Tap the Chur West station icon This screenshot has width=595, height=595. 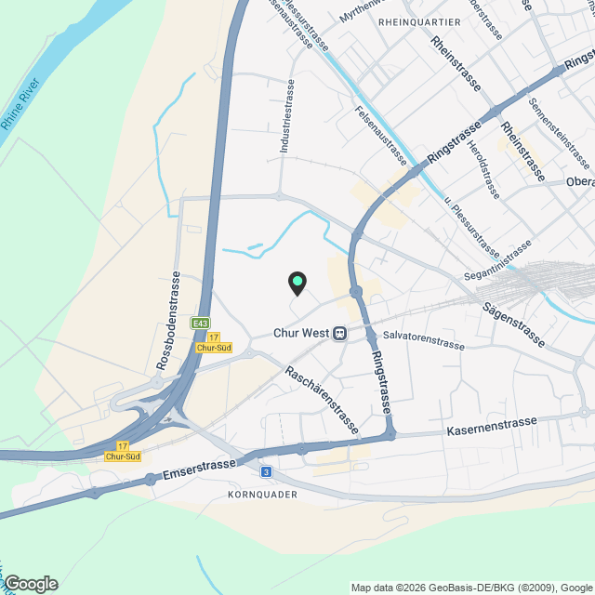pos(341,333)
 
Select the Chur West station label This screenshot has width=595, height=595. pos(301,333)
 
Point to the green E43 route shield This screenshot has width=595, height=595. pos(199,323)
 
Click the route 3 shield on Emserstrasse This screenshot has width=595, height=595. pos(267,472)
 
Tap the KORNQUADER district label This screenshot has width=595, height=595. pos(262,495)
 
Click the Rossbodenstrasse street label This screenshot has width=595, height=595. pos(168,322)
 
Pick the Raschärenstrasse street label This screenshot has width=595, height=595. pos(322,400)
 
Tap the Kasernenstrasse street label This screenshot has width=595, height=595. pos(492,427)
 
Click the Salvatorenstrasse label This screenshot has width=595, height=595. pos(423,338)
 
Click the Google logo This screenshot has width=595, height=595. pos(31,584)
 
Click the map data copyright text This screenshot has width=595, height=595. pos(471,588)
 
